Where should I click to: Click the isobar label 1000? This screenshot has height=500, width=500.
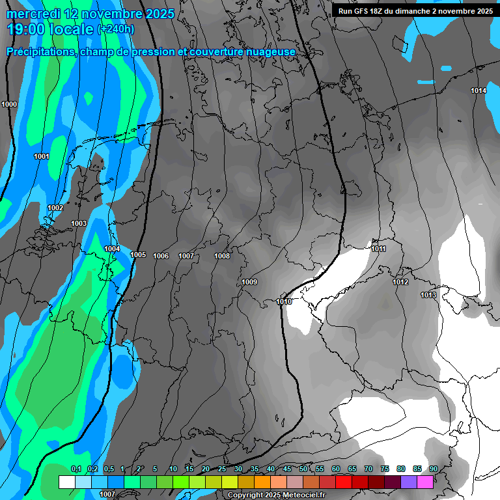pos(9,104)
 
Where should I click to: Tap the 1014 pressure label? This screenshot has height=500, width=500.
pos(479,90)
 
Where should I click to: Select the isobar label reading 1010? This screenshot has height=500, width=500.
pos(284,301)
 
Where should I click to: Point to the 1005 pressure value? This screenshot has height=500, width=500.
pos(138,255)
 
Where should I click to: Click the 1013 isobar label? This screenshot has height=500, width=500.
pos(428,295)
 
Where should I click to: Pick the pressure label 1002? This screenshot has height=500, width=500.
pos(55,208)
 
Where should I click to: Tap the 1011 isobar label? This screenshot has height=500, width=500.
pos(379,249)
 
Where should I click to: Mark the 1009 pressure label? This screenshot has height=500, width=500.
pos(249,282)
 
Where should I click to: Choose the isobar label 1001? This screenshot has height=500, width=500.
pos(42,156)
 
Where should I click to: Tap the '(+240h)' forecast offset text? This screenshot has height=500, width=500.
pos(116,29)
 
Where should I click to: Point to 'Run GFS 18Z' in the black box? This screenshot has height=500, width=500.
pos(361,11)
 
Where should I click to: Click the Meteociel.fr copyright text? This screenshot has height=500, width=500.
pos(277,495)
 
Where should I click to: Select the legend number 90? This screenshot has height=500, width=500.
pos(434,469)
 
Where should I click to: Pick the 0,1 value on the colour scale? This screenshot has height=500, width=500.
pos(76,469)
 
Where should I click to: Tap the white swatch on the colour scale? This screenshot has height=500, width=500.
pos(66,482)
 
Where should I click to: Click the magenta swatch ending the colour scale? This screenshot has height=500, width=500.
pos(425,482)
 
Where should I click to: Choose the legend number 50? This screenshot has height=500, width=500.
pos(303,469)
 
